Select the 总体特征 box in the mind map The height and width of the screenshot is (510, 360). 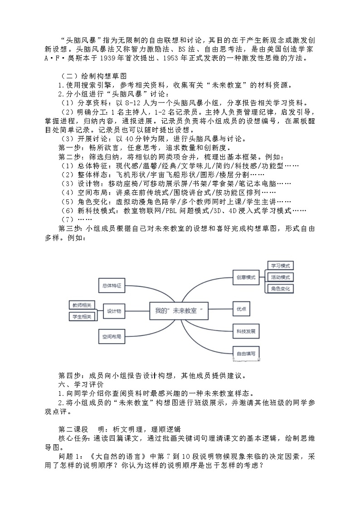[x=110, y=286]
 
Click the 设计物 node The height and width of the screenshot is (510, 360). [x=114, y=311]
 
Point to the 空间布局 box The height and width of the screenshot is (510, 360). [x=110, y=336]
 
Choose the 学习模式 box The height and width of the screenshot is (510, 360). [x=281, y=266]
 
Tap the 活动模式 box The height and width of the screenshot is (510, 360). [x=281, y=277]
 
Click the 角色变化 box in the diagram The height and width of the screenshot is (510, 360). [x=281, y=289]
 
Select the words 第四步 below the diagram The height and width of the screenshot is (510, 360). [x=70, y=375]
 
